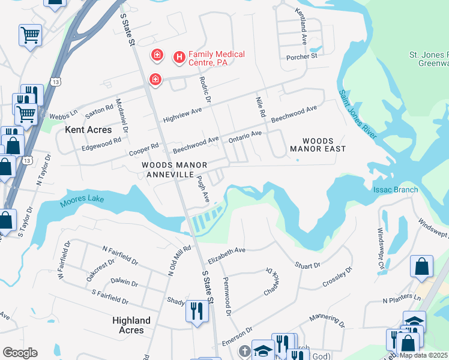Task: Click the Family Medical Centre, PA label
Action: (217, 58)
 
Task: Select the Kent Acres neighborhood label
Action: (89, 130)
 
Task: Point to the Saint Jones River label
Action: (357, 114)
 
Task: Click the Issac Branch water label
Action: (396, 190)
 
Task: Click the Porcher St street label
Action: (302, 56)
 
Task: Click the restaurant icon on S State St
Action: (197, 311)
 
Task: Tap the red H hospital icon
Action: (178, 58)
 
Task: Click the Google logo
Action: (20, 353)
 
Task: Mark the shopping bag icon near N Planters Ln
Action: (421, 265)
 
